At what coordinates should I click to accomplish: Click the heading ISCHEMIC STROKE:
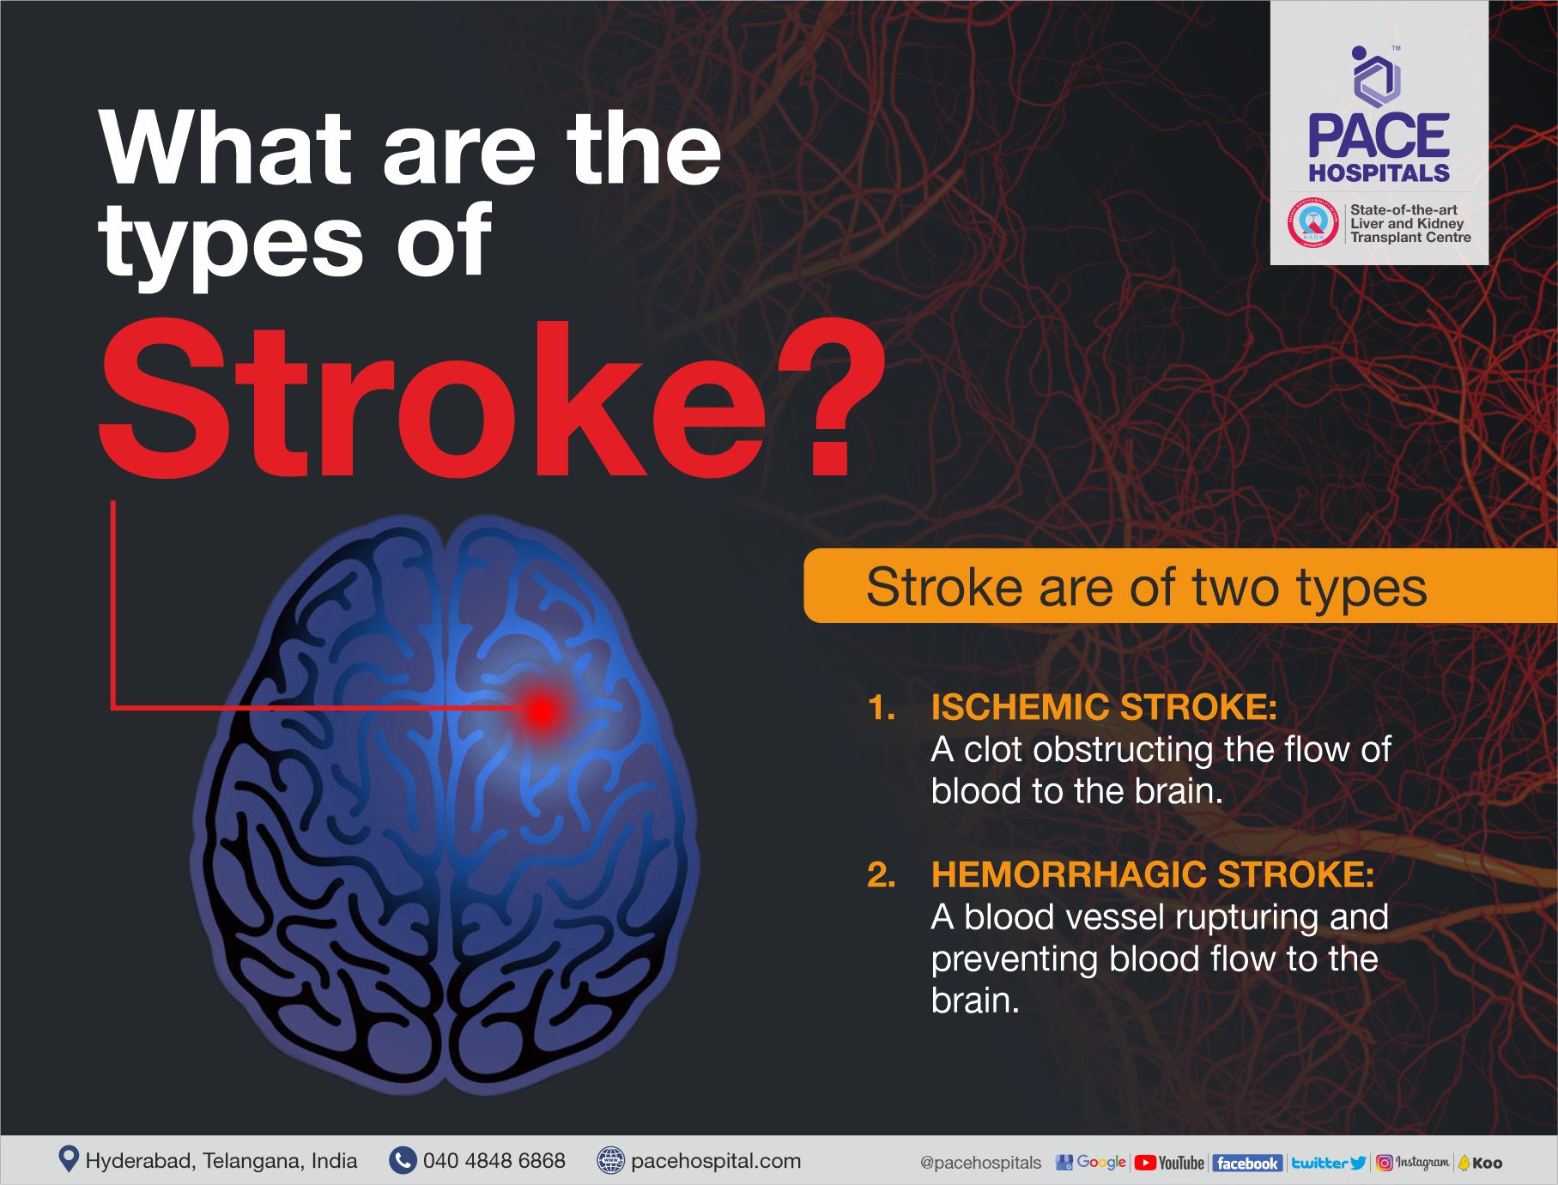coord(1104,707)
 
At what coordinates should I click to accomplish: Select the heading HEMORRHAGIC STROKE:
coord(1152,874)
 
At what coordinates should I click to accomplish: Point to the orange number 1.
coord(882,708)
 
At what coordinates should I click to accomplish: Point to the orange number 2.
coord(882,875)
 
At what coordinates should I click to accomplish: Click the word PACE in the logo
coord(1379,136)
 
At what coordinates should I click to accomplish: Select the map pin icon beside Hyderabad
coord(68,1159)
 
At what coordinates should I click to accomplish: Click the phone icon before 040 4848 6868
coord(402,1161)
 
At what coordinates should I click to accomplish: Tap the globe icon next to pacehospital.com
coord(610,1161)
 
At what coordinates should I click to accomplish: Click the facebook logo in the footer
coord(1246,1164)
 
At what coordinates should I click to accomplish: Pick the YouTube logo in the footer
coord(1169,1163)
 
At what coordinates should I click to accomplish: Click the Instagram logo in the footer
coord(1413,1163)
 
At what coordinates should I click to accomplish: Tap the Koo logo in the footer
coord(1481,1163)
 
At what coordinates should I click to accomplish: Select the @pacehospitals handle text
coord(980,1163)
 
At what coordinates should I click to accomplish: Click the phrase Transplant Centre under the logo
coord(1410,238)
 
